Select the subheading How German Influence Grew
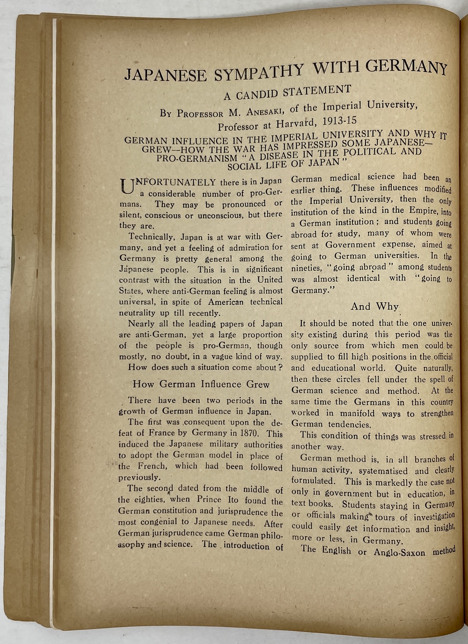201,385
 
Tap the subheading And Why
374,307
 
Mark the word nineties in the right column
307,268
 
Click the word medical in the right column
348,178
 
